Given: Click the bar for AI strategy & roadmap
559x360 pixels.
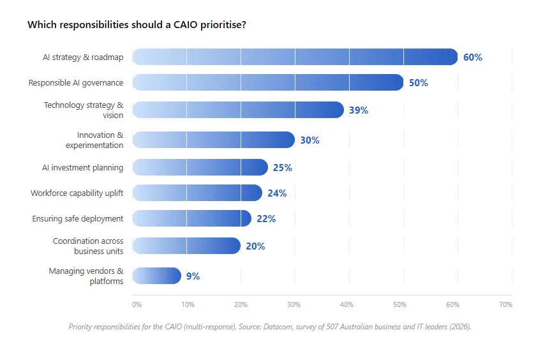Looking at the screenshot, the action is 295,57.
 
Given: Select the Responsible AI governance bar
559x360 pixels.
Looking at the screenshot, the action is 268,82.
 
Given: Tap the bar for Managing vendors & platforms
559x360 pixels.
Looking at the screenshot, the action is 156,276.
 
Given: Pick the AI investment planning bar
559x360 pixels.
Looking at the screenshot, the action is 200,167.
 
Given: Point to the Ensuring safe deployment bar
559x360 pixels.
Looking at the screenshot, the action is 192,218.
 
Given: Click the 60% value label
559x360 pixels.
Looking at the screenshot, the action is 473,57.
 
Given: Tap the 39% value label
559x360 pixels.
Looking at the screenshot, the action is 359,110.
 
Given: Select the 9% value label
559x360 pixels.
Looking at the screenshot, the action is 193,276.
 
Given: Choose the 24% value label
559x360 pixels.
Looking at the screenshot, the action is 277,193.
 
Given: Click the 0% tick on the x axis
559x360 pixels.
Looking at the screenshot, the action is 137,304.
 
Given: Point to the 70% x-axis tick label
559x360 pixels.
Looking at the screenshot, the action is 505,304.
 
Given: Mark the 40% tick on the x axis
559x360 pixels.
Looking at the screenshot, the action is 347,304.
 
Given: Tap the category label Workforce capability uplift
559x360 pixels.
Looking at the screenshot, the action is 77,193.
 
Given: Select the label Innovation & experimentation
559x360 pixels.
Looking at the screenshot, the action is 94,140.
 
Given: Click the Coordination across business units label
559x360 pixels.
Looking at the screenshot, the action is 88,246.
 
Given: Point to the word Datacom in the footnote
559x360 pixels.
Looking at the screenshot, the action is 278,327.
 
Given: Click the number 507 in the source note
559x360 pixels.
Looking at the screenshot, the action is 332,327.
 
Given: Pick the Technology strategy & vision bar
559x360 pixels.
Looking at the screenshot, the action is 238,110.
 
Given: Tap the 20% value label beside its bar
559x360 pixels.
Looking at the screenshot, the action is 255,246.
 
